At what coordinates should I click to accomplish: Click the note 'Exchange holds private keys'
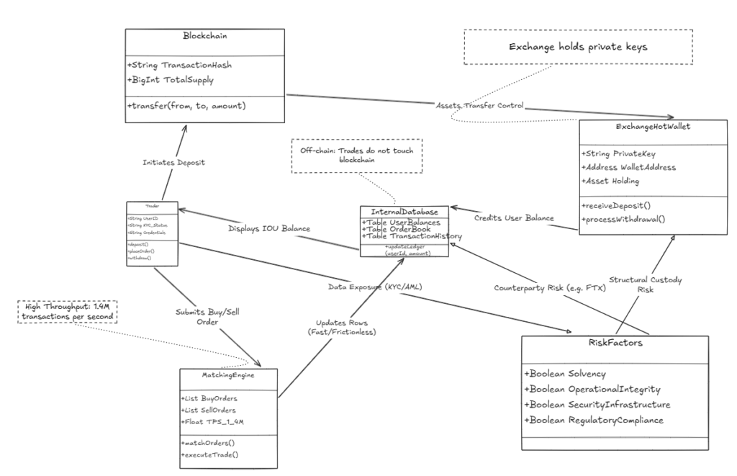(x=577, y=48)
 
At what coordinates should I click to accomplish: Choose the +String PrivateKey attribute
(x=617, y=153)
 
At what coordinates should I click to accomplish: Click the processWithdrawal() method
(x=624, y=219)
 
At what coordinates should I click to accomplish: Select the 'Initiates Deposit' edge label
(x=173, y=163)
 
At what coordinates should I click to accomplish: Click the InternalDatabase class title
(x=404, y=212)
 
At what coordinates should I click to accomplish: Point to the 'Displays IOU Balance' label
(x=270, y=229)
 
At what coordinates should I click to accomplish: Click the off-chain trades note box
(x=357, y=156)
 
